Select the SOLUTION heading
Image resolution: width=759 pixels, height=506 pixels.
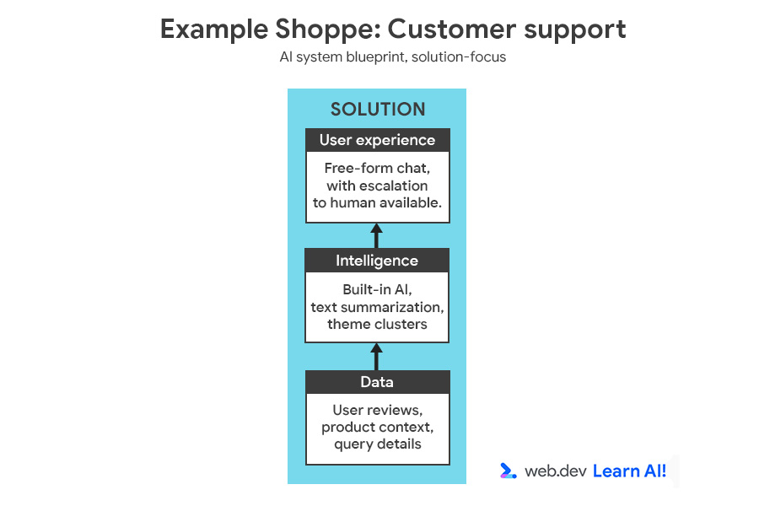click(377, 110)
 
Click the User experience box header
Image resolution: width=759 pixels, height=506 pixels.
click(377, 140)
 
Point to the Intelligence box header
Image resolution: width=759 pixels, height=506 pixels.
click(377, 261)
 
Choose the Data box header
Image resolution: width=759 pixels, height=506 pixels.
click(377, 382)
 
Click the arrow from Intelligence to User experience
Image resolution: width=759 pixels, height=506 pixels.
click(377, 235)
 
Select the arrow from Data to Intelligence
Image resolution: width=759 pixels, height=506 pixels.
click(377, 356)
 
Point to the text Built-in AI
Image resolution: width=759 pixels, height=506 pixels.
click(377, 290)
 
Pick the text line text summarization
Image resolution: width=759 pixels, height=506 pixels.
click(377, 307)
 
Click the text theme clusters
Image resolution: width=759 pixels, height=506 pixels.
click(377, 324)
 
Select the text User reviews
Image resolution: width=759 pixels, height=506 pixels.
click(377, 411)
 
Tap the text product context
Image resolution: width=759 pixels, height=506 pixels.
click(377, 428)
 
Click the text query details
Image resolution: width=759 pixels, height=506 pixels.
click(377, 444)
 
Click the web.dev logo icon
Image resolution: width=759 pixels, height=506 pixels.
click(508, 471)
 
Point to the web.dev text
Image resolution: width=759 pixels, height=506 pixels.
click(555, 471)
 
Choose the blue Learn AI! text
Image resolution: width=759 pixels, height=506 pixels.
click(629, 471)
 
